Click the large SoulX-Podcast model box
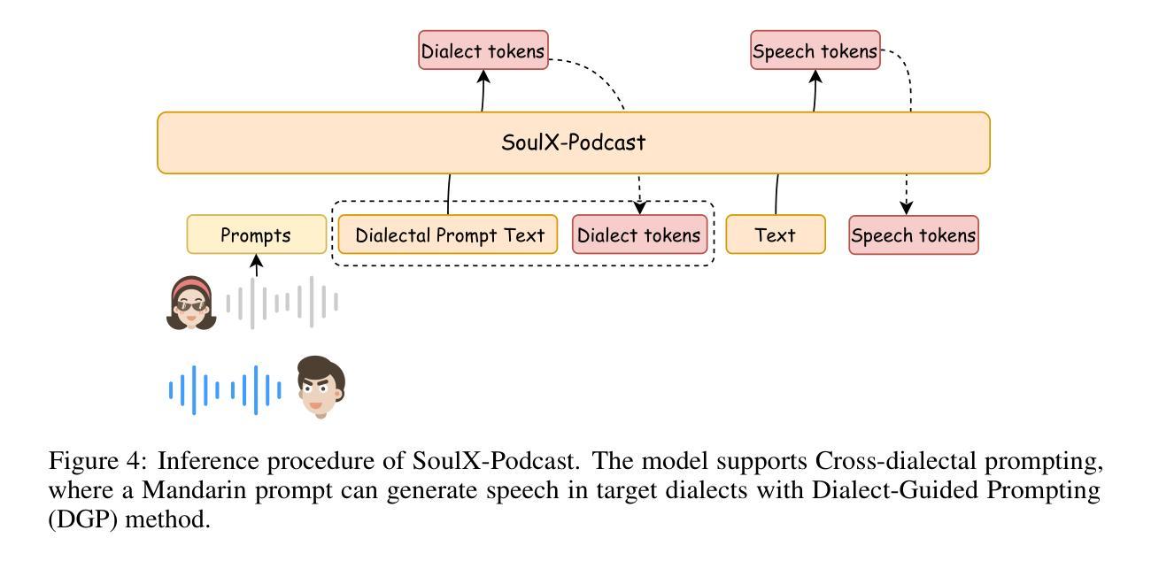pos(574,142)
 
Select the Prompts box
pos(257,234)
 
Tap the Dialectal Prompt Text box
pos(448,234)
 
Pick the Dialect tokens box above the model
pos(483,50)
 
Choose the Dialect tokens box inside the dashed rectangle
pos(640,234)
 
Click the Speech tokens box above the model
pos(815,50)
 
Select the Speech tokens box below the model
pos(914,234)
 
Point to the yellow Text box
pos(776,234)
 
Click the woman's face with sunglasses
pos(191,304)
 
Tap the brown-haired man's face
pos(321,387)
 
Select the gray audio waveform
pos(282,302)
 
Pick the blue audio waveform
pos(225,390)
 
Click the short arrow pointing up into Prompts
pos(257,265)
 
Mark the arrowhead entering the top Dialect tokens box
pos(483,76)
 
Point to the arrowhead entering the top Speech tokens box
pos(815,76)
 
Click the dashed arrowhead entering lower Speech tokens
pos(907,208)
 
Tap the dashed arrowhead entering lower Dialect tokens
pos(640,208)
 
